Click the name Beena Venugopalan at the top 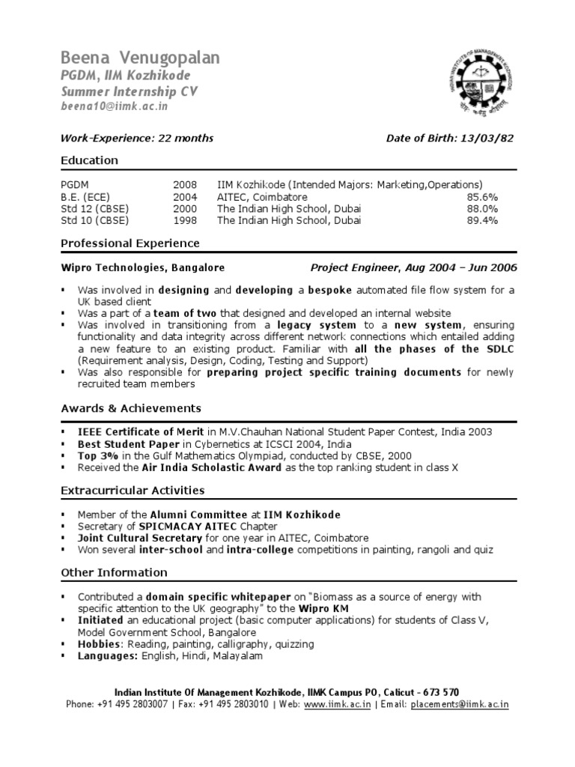coord(139,58)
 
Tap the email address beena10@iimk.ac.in coord(114,106)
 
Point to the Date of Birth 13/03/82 coord(450,138)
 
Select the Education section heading coord(89,160)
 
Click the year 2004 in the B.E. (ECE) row coord(185,197)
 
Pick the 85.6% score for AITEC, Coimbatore coord(482,197)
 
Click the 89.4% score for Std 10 coord(482,221)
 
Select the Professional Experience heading coord(130,243)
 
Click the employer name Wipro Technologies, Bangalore coord(142,267)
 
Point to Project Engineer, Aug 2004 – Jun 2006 coord(413,267)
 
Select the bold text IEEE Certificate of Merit coord(142,432)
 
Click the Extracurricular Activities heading coord(133,491)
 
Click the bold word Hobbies coord(100,644)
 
